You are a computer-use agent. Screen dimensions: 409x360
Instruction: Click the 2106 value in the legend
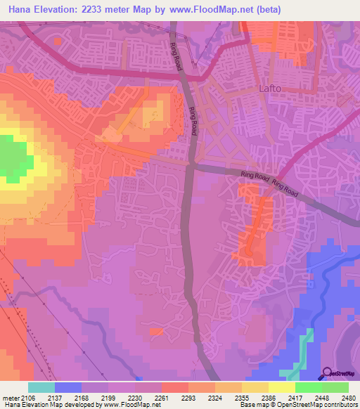click(x=27, y=398)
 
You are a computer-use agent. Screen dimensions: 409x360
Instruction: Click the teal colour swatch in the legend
click(x=41, y=387)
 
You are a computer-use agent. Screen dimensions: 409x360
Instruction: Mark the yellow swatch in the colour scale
click(x=282, y=387)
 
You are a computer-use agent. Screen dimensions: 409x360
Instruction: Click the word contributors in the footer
click(x=340, y=405)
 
